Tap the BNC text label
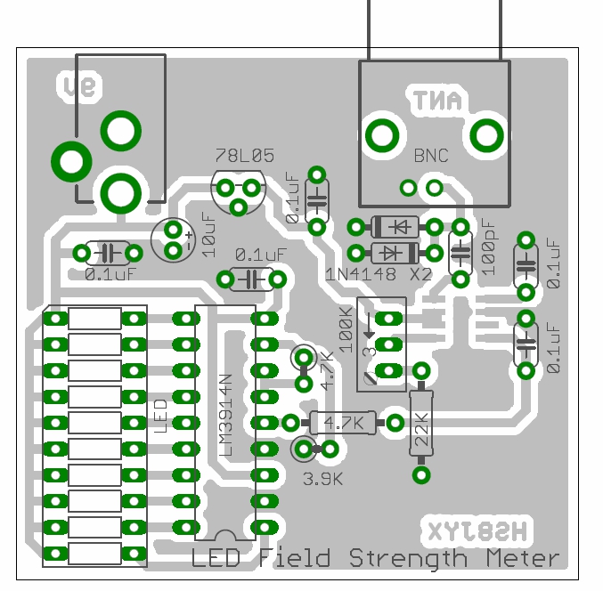[431, 156]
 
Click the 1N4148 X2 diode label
[379, 274]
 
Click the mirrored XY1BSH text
[477, 531]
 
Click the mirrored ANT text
[436, 101]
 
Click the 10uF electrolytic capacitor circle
[173, 240]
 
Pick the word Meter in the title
[523, 559]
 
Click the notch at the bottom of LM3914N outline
[224, 535]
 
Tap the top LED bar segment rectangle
[94, 318]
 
